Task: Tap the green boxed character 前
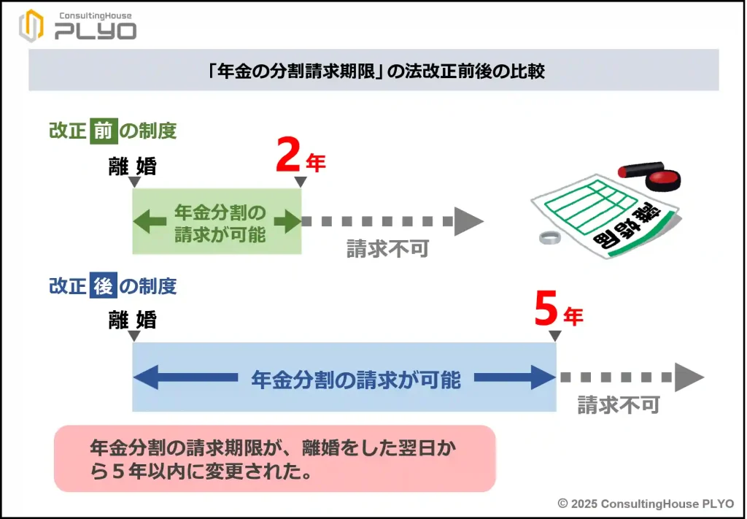103,131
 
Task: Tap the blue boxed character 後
103,285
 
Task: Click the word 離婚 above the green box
132,166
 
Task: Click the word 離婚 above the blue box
132,320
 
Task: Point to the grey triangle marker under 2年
299,182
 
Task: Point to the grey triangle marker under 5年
554,336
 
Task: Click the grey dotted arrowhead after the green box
469,221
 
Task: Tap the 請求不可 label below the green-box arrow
387,249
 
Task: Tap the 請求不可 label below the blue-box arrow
619,404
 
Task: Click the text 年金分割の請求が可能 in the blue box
356,380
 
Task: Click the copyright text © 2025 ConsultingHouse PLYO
645,504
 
